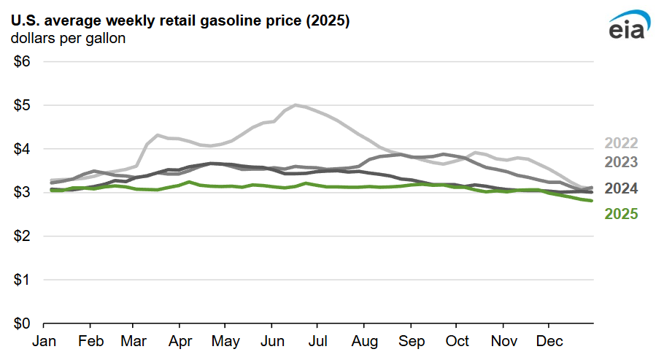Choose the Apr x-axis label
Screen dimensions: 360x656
[180, 342]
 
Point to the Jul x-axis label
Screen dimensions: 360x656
[317, 342]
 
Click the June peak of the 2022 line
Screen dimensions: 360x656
[296, 104]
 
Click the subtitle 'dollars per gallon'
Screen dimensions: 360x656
[68, 39]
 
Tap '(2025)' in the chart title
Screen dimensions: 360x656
[325, 21]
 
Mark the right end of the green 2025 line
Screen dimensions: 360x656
[591, 201]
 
